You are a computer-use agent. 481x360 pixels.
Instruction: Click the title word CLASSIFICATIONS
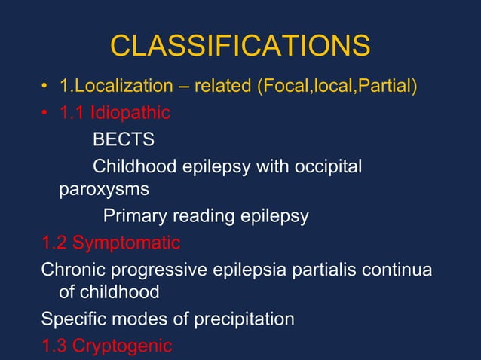click(240, 47)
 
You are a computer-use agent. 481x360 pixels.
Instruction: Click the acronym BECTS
click(124, 140)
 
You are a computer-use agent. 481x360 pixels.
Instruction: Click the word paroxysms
click(103, 190)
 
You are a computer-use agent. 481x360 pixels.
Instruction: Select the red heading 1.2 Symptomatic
click(111, 243)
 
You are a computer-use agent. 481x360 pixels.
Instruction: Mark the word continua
click(398, 268)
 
